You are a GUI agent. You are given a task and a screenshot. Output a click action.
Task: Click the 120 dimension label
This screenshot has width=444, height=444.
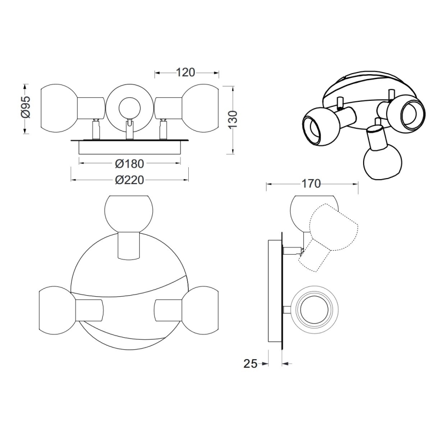[186, 73]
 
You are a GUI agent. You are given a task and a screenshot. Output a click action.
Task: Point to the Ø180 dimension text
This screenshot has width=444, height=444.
[130, 164]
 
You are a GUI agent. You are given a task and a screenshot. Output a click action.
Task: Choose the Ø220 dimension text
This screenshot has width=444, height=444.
[130, 180]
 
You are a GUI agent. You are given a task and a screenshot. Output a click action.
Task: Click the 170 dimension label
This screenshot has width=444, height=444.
[311, 184]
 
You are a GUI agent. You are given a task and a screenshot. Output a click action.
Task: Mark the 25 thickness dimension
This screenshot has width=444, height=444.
[250, 364]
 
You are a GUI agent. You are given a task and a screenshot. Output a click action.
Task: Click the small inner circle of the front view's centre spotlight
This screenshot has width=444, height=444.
[129, 108]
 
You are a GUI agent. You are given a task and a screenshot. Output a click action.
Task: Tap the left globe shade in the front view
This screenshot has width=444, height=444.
[59, 108]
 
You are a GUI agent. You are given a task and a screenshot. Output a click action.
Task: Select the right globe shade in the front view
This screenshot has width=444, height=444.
[201, 108]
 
